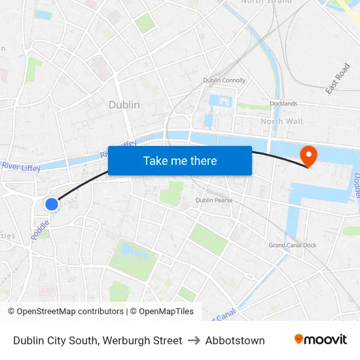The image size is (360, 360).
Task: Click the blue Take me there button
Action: coord(180,160)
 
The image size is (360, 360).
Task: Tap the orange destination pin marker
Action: coord(307,156)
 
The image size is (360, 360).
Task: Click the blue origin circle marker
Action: coord(52,204)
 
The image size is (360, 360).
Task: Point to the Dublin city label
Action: coord(124,105)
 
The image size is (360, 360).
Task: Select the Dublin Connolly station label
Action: coord(225,81)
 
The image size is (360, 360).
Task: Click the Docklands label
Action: coord(283,103)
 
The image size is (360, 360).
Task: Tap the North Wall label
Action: coord(281,121)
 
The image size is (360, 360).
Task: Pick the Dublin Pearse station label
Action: coord(214,200)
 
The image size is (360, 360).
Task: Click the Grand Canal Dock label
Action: coord(293,245)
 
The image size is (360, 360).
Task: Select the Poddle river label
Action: coord(39,230)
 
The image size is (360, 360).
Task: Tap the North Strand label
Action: coord(266,2)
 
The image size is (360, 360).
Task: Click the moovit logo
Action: coord(321,340)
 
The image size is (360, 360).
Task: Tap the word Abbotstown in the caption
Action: coord(235,340)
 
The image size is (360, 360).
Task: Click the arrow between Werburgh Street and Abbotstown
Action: coord(194,340)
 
